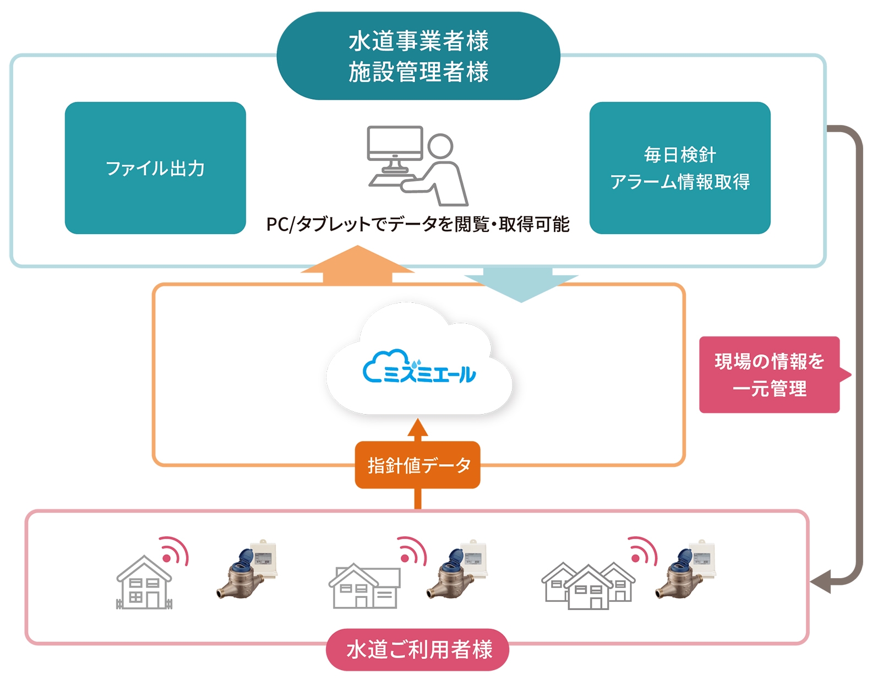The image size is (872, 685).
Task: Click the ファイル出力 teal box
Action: pos(155,168)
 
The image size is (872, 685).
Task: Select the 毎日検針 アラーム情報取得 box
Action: pos(679,168)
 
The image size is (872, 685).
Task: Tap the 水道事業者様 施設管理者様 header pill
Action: pos(418,56)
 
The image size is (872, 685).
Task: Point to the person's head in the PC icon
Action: pos(440,146)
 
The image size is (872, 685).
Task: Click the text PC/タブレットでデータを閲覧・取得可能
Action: pos(418,224)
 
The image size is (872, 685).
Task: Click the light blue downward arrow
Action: pos(520,283)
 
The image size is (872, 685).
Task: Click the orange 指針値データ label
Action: pos(418,465)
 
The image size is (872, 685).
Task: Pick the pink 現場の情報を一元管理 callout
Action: pos(769,375)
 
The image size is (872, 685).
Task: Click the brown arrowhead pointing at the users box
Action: pos(821,583)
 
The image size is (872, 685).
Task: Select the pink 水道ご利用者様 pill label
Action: pos(418,650)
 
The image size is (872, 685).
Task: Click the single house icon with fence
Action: pos(144,583)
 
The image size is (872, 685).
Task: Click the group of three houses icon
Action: pos(588,587)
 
